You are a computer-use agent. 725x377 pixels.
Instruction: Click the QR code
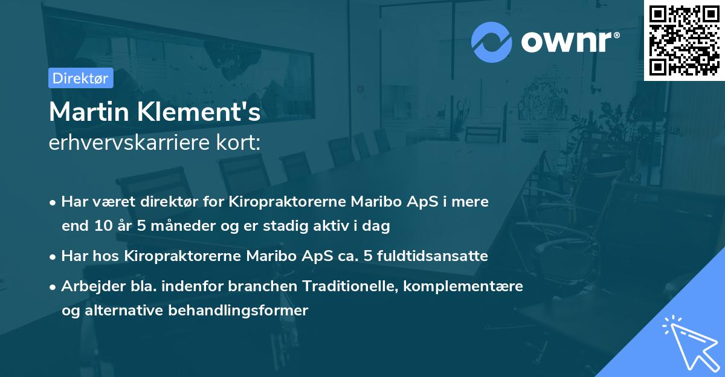[x=684, y=40]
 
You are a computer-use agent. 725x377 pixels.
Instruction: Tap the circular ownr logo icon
[x=492, y=42]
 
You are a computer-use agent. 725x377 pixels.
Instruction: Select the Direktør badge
[x=80, y=78]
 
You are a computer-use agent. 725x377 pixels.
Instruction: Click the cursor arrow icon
[x=689, y=343]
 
